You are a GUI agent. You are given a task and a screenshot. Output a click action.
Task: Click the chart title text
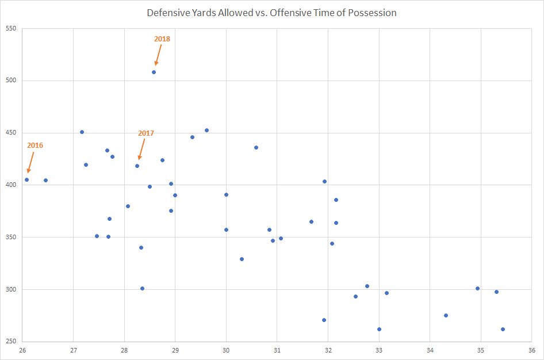coord(271,13)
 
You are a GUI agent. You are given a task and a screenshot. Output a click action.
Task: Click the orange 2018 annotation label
coord(162,39)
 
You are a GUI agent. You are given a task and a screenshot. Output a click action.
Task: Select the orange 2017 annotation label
coord(146,133)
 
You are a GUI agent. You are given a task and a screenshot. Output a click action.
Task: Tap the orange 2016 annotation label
coord(35,145)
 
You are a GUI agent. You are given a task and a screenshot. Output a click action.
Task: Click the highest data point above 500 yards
coord(154,72)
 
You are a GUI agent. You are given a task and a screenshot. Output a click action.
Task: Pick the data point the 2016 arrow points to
coord(26,179)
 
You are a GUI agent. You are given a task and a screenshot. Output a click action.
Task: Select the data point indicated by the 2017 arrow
coord(137,166)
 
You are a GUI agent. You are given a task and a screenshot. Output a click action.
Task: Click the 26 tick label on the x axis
coord(22,350)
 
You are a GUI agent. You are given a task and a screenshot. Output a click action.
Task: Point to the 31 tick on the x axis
coord(277,350)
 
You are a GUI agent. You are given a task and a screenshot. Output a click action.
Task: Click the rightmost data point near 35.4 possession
coord(503,329)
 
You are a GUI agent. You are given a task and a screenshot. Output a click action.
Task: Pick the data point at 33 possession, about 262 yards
coord(379,329)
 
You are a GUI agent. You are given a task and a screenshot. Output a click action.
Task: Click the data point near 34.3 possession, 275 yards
coord(446,315)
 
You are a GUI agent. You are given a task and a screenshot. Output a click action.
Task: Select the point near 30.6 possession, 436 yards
coord(256,147)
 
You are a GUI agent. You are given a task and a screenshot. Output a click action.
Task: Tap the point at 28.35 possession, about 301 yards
coord(142,288)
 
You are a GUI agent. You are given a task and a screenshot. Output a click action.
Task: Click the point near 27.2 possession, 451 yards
coord(82,132)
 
